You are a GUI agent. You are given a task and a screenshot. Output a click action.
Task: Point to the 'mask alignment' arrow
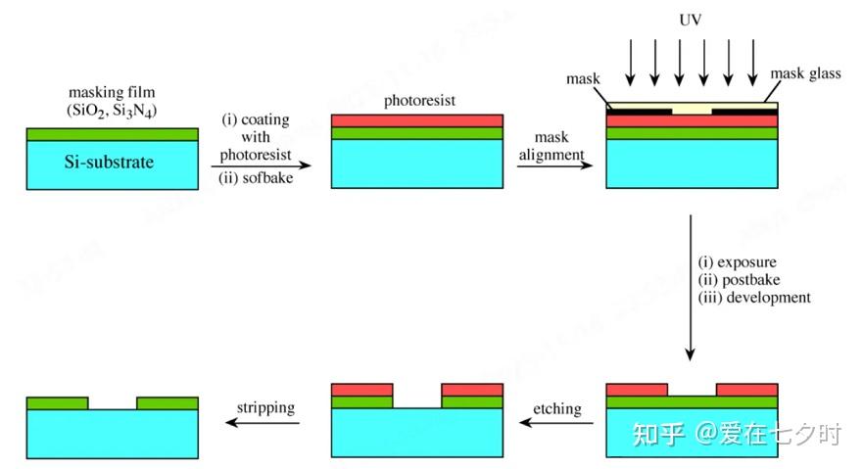click(554, 165)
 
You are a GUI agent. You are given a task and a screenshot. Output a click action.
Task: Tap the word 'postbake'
click(746, 280)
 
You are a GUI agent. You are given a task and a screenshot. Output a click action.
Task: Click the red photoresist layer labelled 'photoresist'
click(417, 120)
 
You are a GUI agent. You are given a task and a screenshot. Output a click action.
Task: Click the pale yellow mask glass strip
click(692, 105)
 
